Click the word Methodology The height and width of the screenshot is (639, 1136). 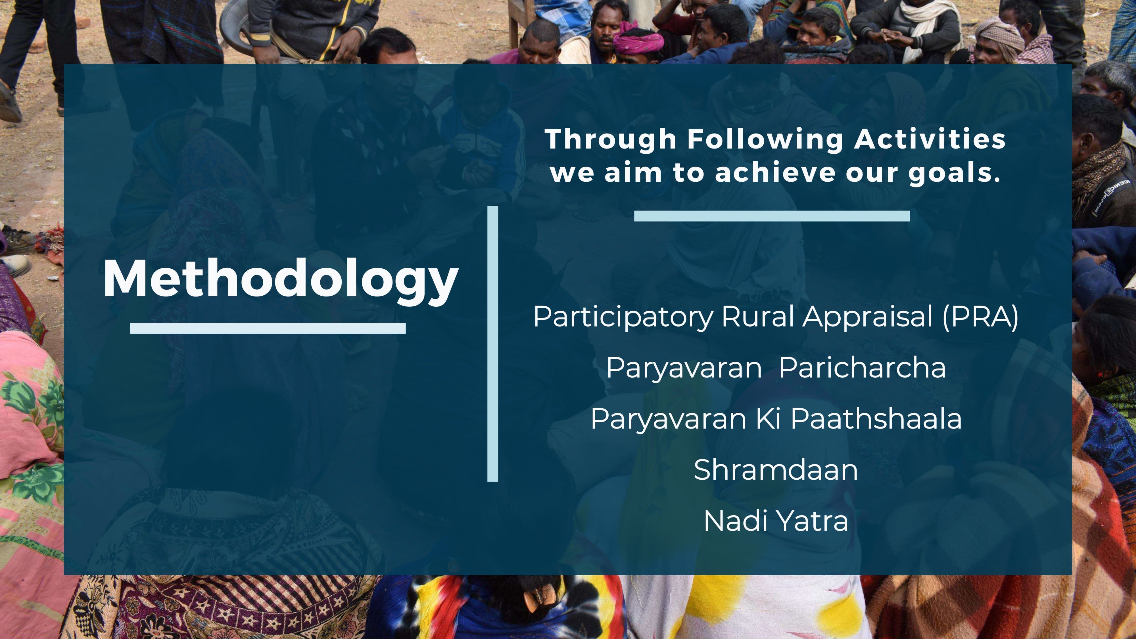(x=281, y=279)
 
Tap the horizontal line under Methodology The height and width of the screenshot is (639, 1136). (x=268, y=328)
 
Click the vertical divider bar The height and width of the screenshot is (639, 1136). (x=492, y=344)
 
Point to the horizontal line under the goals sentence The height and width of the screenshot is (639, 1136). (x=772, y=216)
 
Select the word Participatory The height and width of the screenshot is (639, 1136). (x=623, y=317)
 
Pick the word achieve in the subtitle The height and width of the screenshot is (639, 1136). (x=775, y=172)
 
